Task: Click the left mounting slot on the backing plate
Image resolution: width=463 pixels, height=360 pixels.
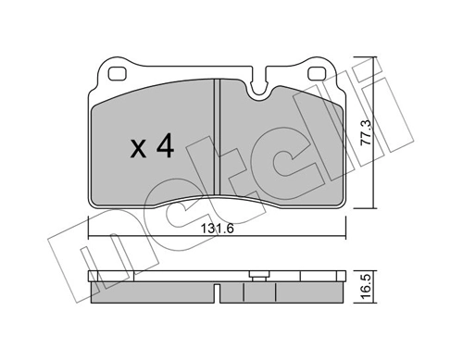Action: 119,74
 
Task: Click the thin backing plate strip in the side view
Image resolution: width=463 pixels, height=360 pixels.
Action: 167,277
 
